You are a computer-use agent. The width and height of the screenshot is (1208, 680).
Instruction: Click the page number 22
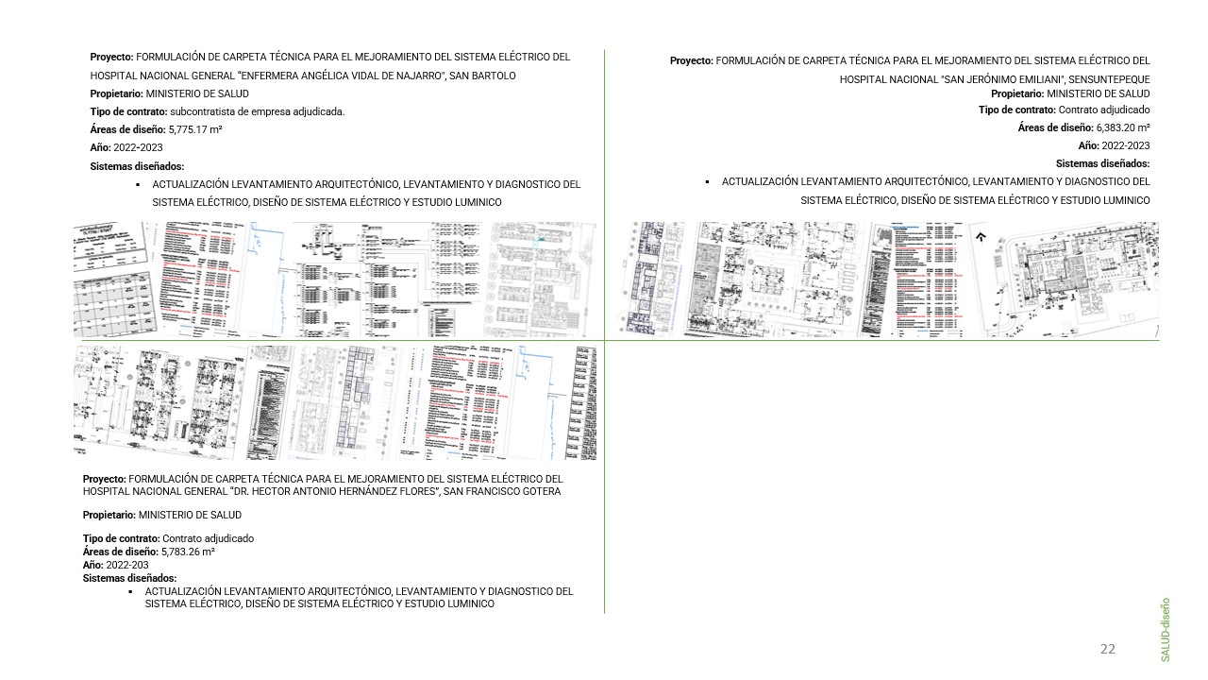1107,649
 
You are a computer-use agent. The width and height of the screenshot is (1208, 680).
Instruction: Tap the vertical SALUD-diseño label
1166,628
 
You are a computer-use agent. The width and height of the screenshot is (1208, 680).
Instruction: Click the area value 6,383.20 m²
1123,127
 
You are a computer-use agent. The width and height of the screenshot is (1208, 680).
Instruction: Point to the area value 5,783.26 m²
188,552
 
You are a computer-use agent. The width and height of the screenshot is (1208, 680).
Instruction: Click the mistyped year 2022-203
127,565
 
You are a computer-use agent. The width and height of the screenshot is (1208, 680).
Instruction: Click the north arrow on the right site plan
981,238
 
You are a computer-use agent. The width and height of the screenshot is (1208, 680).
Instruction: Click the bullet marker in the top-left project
138,185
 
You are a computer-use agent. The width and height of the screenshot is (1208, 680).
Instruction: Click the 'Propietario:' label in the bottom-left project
109,515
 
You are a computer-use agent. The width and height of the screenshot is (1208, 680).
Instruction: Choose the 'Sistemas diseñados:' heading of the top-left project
137,166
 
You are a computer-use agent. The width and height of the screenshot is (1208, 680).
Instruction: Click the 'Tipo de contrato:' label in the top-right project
1016,110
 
